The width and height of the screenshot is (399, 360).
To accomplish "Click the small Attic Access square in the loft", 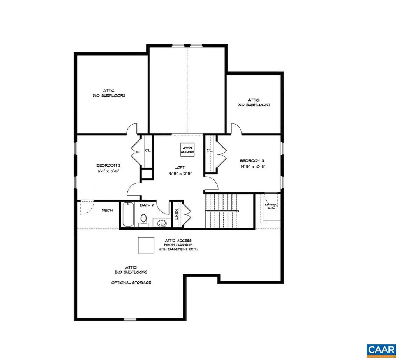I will (187, 149).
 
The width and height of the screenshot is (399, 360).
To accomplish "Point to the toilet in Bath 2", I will (143, 220).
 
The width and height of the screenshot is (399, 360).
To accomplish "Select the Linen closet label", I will (177, 214).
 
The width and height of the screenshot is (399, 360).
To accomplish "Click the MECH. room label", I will (108, 210).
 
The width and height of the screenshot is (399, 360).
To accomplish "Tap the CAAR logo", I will (381, 350).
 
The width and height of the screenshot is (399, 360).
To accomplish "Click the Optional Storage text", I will (131, 283).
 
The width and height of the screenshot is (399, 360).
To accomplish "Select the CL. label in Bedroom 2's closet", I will (148, 150).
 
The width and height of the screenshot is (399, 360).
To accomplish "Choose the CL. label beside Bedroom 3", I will (210, 150).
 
